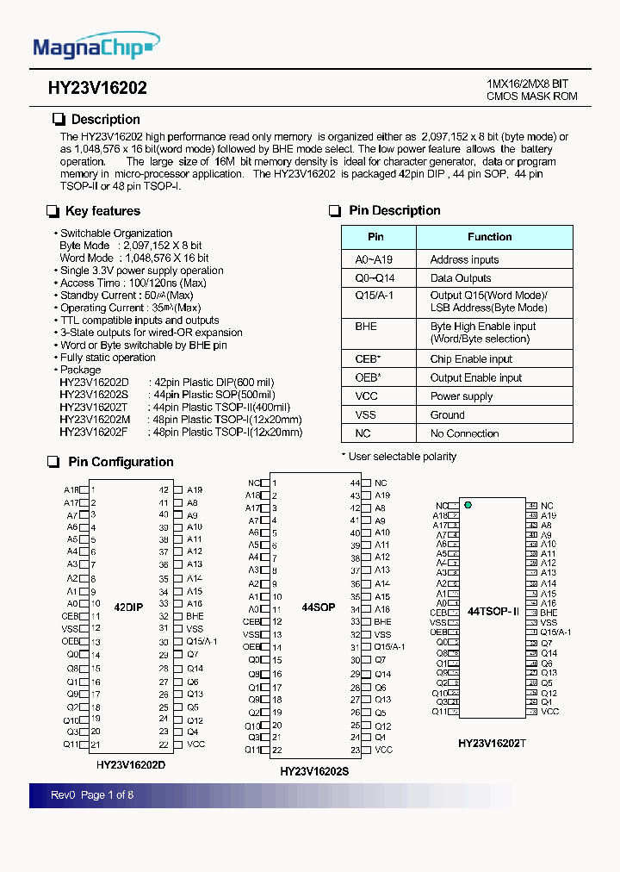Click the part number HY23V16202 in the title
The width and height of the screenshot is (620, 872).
point(97,89)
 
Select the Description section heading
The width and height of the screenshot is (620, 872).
point(105,120)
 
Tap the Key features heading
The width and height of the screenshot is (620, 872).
point(102,211)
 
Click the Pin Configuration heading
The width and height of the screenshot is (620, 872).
point(121,463)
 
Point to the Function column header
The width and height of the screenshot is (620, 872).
point(489,237)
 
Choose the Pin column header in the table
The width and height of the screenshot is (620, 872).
point(376,237)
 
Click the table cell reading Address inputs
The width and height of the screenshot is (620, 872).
point(464,259)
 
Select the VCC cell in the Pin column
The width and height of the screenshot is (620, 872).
point(365,396)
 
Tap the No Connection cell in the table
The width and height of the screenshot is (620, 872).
point(464,433)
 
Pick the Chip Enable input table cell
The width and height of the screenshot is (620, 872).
point(471,359)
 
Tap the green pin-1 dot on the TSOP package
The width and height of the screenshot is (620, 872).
point(468,505)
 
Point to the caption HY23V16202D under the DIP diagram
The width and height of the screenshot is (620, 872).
point(131,763)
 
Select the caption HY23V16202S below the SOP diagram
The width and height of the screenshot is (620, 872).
point(314,772)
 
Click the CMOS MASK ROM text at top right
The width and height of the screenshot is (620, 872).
point(531,97)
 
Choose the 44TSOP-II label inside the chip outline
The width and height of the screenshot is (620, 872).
point(493,611)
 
